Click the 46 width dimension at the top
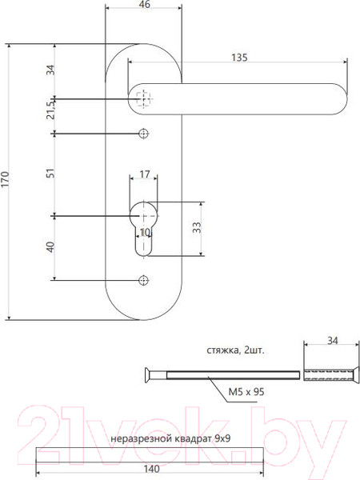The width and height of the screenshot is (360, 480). (x=144, y=5)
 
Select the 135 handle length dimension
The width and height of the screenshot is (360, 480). (x=238, y=57)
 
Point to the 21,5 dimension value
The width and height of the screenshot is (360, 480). (x=50, y=110)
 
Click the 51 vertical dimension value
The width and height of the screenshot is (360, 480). (x=50, y=173)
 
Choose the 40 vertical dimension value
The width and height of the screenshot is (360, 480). (x=50, y=247)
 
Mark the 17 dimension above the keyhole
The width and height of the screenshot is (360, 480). (x=144, y=173)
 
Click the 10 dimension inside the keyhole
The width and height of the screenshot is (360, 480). (x=144, y=233)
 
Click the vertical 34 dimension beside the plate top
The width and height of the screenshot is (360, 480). (x=50, y=70)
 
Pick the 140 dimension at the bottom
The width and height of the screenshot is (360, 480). (x=149, y=470)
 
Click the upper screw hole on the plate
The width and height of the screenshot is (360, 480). (x=144, y=133)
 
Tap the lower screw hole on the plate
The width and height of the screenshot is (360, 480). (x=144, y=279)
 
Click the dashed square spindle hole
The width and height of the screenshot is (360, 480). (x=144, y=99)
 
